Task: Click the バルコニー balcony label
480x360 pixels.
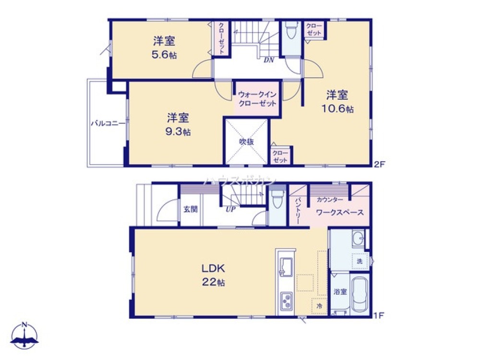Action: tap(108, 123)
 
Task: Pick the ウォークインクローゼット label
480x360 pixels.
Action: tap(257, 99)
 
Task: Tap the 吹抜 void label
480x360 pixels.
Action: tap(247, 142)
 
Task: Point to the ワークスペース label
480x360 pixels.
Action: tap(339, 213)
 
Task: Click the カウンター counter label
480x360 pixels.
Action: tap(330, 200)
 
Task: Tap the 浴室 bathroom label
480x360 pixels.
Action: tap(340, 291)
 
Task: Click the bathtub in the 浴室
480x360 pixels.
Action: tap(360, 295)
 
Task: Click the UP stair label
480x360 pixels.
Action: tap(230, 209)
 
